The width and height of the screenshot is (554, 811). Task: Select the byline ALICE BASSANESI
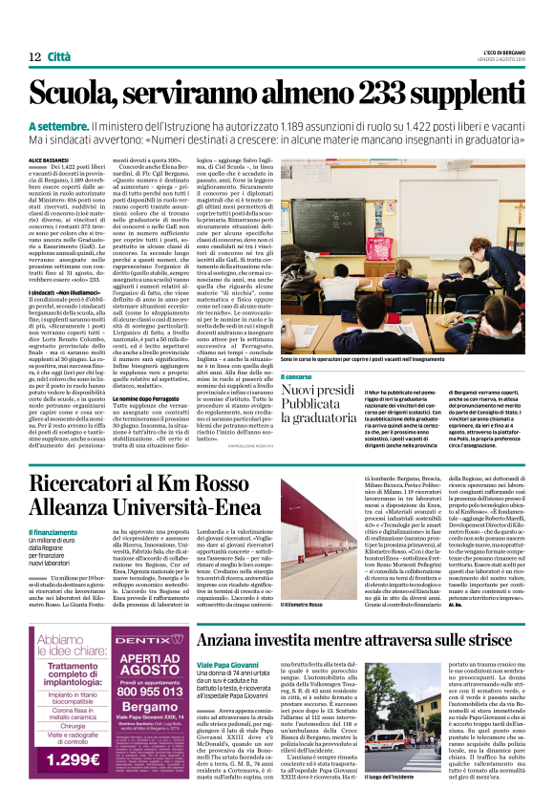(48, 160)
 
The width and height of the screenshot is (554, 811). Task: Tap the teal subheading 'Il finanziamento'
(53, 531)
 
